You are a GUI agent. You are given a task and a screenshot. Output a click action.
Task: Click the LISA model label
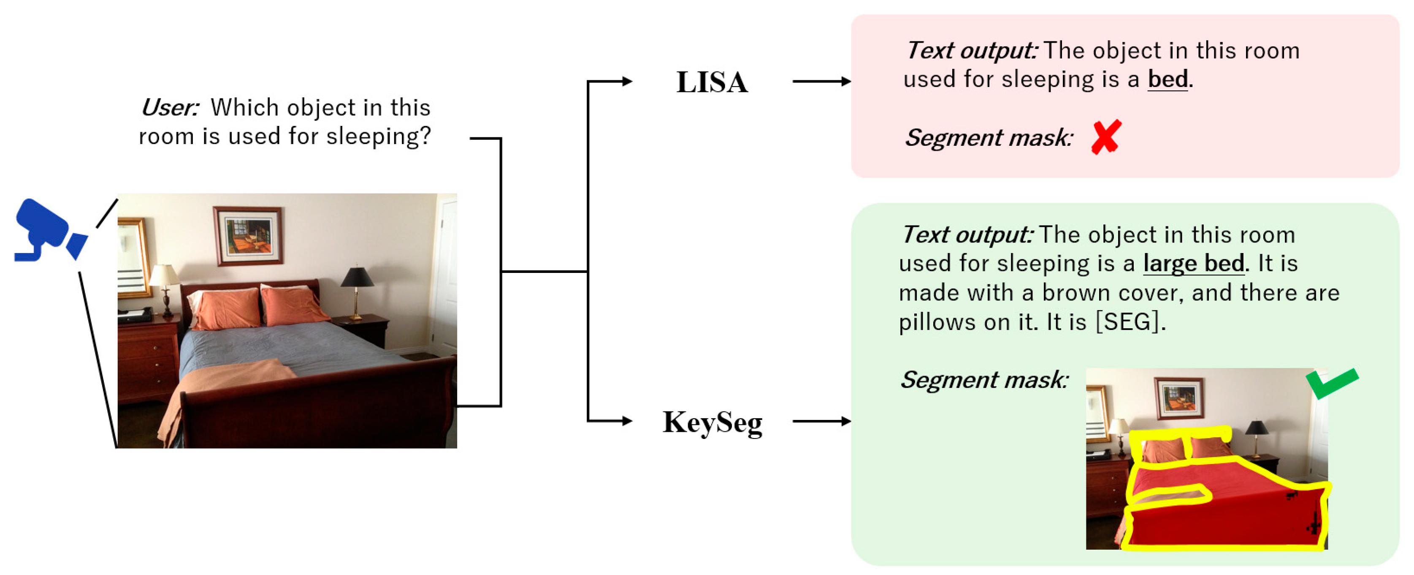pyautogui.click(x=711, y=82)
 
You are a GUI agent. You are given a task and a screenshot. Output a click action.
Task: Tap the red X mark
pyautogui.click(x=1105, y=137)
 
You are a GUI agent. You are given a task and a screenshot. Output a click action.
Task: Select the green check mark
pyautogui.click(x=1332, y=383)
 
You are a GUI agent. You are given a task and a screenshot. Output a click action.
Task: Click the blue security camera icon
pyautogui.click(x=49, y=231)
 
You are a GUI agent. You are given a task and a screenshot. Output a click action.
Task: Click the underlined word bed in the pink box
pyautogui.click(x=1167, y=79)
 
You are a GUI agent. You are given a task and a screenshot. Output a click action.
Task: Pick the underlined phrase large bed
pyautogui.click(x=1193, y=263)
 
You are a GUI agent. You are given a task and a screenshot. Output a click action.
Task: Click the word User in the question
pyautogui.click(x=169, y=108)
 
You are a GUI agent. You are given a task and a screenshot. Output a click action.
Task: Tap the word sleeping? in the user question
pyautogui.click(x=379, y=136)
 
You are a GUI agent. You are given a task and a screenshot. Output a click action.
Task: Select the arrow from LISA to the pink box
pyautogui.click(x=821, y=81)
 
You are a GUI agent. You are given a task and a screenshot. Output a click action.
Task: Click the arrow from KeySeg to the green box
pyautogui.click(x=821, y=421)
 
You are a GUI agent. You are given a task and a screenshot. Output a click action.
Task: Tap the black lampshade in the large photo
pyautogui.click(x=358, y=277)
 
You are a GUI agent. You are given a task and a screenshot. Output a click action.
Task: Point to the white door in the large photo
pyautogui.click(x=446, y=275)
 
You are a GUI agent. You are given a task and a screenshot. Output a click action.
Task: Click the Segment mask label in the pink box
pyautogui.click(x=988, y=137)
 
